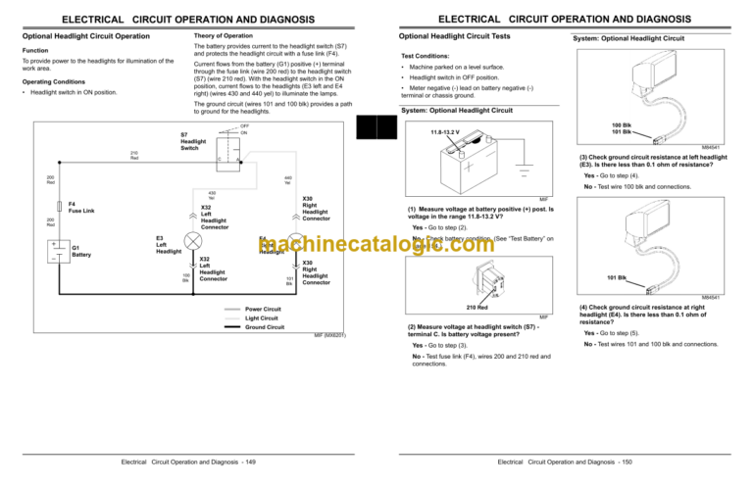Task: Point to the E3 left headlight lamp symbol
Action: pyautogui.click(x=193, y=241)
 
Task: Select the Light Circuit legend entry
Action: pyautogui.click(x=262, y=318)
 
